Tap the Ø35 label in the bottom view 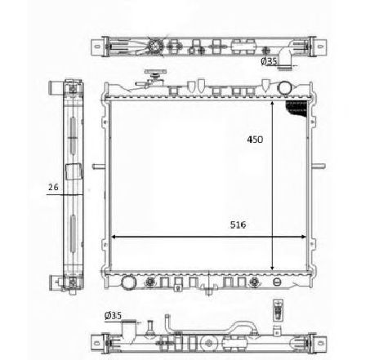113,315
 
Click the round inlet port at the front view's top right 285,88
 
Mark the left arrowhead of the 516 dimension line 113,237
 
